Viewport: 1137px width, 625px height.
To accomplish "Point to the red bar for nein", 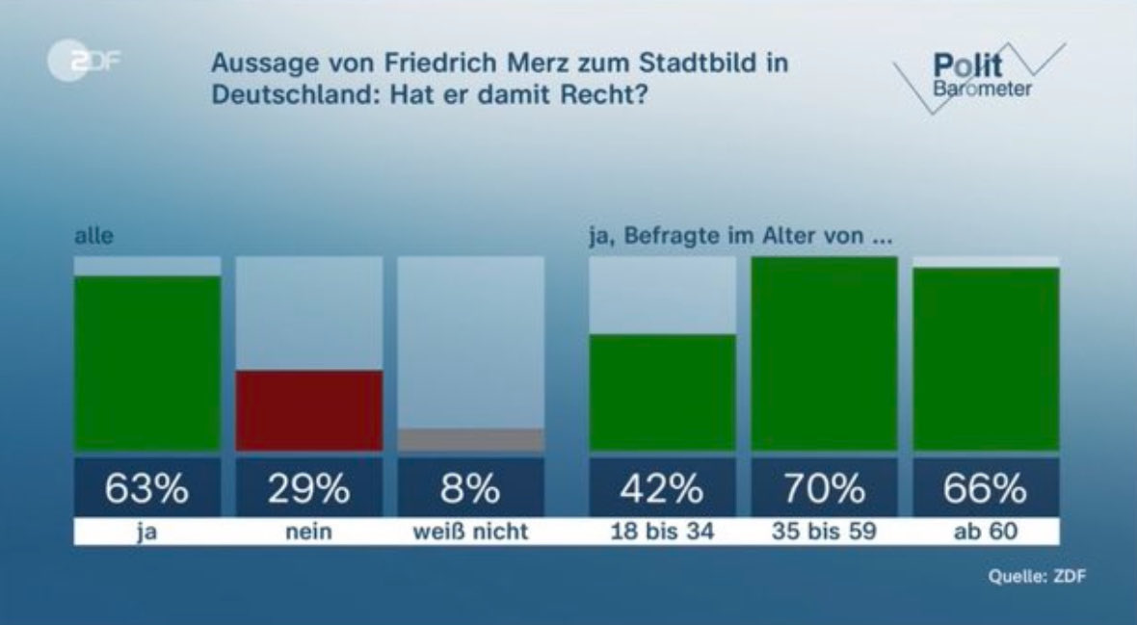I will pos(308,410).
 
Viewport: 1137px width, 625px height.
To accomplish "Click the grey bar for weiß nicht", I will pos(470,440).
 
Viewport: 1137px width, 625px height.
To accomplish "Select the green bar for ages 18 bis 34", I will pos(663,392).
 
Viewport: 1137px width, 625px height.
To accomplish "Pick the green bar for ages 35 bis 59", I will pos(824,353).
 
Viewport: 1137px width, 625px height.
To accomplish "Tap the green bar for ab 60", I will pos(986,358).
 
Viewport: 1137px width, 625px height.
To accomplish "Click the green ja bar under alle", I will pos(147,363).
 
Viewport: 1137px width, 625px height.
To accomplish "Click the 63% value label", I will pos(147,489).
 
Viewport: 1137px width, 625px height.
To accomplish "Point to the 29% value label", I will pos(308,489).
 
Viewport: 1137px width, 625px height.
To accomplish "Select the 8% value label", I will pos(470,489).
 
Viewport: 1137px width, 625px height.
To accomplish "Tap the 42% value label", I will pos(663,489).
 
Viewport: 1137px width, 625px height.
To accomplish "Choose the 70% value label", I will pos(824,489).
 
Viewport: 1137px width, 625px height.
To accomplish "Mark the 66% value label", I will pos(986,489).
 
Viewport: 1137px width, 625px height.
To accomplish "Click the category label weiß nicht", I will pos(470,532).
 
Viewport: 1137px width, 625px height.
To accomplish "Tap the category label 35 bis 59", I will pos(824,532).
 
